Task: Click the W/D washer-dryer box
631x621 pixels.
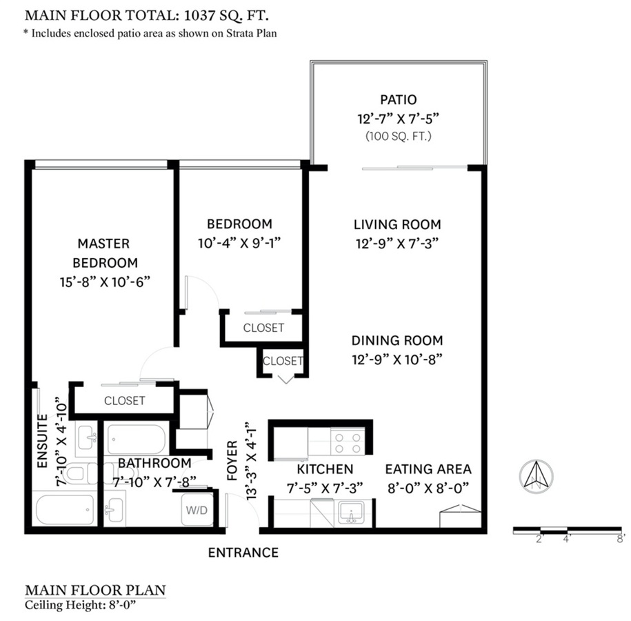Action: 193,512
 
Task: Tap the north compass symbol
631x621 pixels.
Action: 535,476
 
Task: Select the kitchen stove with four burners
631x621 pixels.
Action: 348,442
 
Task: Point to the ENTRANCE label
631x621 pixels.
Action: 243,553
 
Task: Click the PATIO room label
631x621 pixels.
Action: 399,100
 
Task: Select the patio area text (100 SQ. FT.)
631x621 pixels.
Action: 399,136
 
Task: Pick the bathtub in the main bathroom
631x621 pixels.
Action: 137,439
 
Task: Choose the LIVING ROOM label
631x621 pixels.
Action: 397,224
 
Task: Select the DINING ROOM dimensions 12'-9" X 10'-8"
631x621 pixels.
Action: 397,359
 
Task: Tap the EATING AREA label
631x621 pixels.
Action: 428,469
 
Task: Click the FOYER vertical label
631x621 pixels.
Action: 232,462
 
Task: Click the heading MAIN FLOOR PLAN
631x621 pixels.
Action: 95,590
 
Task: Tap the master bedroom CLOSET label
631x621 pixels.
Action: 125,400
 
